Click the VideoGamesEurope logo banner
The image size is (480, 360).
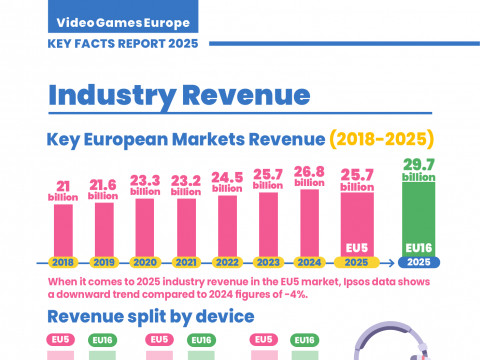tap(123, 16)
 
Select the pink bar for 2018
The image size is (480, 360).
tap(63, 231)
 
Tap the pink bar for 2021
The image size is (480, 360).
tap(186, 228)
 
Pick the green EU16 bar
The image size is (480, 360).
tap(419, 220)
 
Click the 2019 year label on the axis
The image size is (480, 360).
tap(104, 263)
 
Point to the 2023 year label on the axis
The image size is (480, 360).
tap(268, 263)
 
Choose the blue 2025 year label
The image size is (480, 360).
tap(419, 262)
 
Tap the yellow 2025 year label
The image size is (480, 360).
tap(356, 262)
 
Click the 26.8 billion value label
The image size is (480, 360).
tap(309, 177)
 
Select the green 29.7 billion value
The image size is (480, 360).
tap(419, 170)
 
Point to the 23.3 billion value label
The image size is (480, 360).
tap(145, 185)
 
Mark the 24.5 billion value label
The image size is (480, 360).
tap(227, 182)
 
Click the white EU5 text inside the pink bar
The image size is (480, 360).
tap(357, 248)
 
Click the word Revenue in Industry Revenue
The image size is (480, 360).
tap(246, 95)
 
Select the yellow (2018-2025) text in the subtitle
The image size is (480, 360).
tap(382, 139)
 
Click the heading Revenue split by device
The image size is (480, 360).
tap(151, 316)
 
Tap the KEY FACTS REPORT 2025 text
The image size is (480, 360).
tap(123, 44)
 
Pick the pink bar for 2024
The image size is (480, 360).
tap(310, 223)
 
